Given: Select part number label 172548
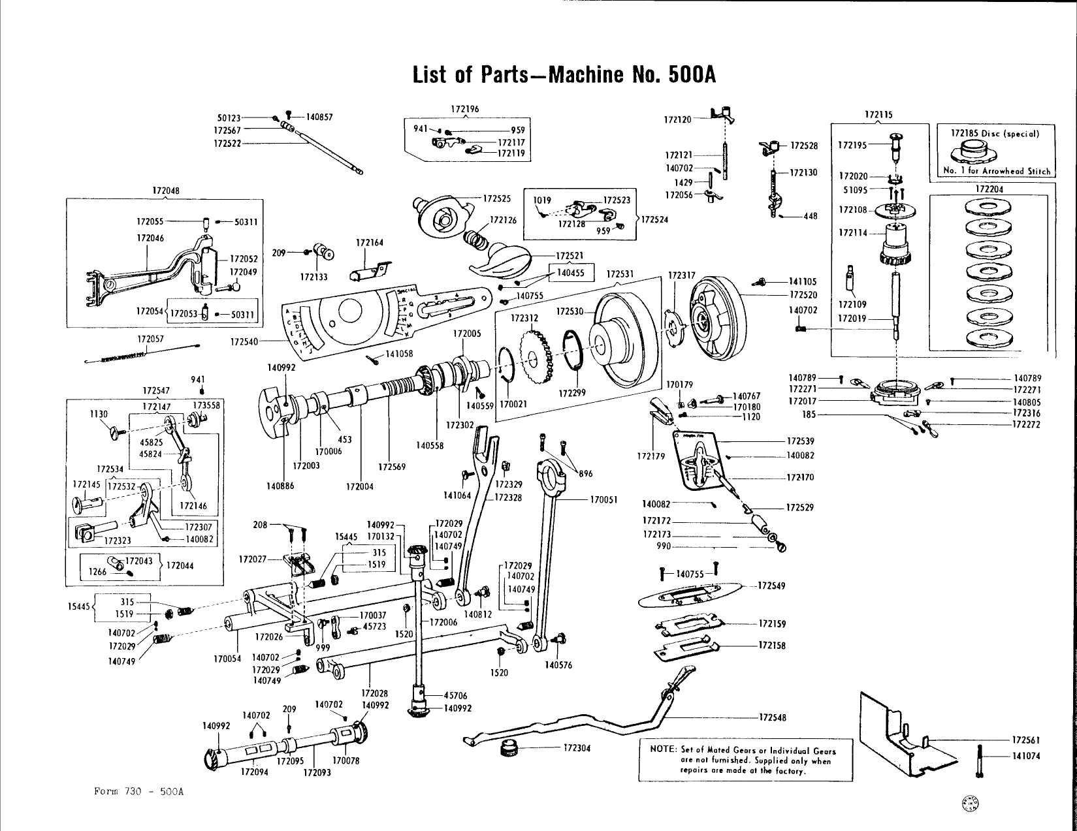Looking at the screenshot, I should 772,718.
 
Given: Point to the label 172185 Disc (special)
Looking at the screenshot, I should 995,133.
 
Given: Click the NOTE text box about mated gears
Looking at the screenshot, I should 745,760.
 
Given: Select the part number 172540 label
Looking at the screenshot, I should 245,341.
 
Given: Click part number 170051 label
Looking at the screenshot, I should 604,500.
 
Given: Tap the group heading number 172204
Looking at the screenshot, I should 989,189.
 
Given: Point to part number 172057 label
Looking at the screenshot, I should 151,339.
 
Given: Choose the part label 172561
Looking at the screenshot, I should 1026,740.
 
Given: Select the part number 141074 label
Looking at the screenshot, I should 1026,757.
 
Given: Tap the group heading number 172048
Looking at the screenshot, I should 165,191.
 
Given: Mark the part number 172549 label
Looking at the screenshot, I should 771,586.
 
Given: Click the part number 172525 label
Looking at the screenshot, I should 496,198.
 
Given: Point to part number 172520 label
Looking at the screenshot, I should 803,295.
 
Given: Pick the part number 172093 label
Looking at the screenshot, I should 317,773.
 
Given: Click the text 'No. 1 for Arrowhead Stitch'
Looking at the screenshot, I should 997,171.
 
